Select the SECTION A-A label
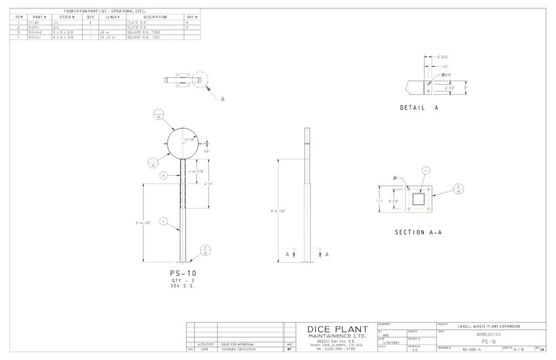pyautogui.click(x=418, y=232)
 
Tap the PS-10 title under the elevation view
pyautogui.click(x=183, y=273)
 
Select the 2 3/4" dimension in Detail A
pyautogui.click(x=443, y=56)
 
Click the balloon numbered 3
pyautogui.click(x=163, y=175)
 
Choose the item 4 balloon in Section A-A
pyautogui.click(x=426, y=170)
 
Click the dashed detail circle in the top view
pyautogui.click(x=199, y=80)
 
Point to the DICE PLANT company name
pyautogui.click(x=337, y=330)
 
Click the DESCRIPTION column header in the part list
pyautogui.click(x=154, y=17)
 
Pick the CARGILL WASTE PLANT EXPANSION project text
pyautogui.click(x=489, y=326)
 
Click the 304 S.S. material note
pyautogui.click(x=183, y=285)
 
